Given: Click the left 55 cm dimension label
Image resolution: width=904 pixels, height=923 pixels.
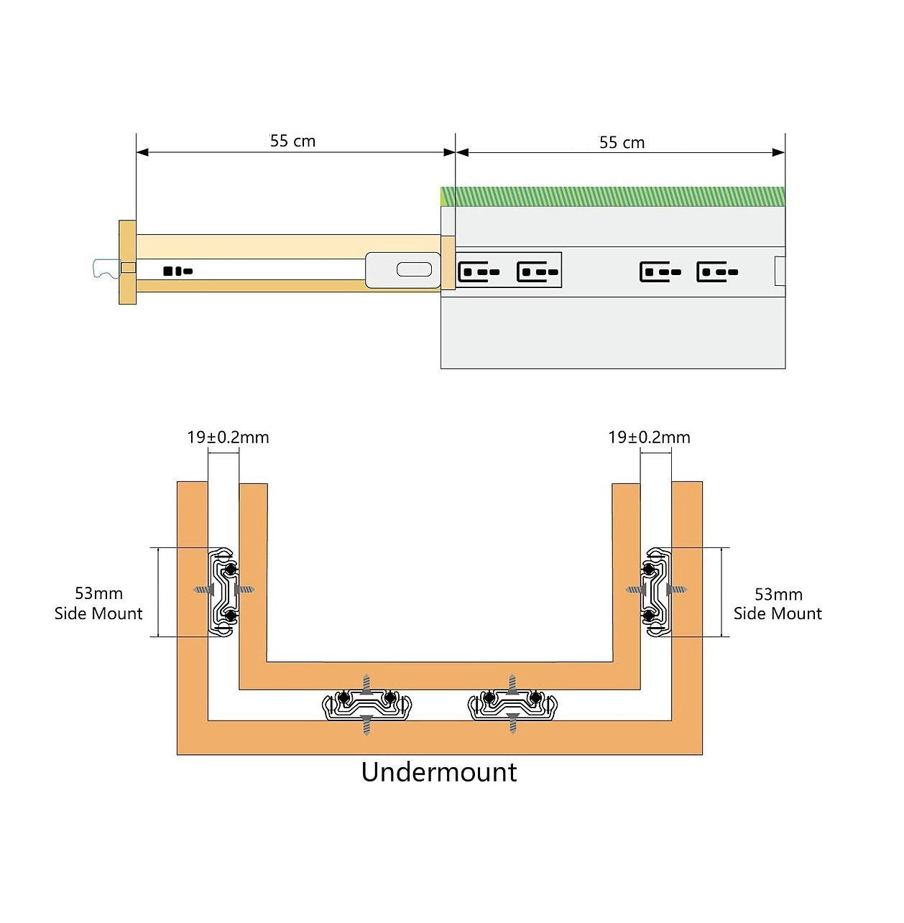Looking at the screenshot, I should click(292, 141).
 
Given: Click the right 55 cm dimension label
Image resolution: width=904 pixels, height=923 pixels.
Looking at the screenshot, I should click(622, 142).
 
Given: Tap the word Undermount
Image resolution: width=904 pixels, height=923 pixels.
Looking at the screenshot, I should click(439, 772).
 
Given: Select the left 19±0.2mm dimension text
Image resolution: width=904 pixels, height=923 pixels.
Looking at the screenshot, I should click(228, 437).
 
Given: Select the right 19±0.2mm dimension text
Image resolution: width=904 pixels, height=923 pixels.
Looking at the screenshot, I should click(649, 437).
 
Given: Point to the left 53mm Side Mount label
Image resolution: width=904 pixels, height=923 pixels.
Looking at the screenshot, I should click(98, 603).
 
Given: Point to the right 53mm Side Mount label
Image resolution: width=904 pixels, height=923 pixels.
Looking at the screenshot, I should click(778, 604).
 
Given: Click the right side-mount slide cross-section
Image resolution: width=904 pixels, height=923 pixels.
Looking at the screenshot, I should click(656, 593).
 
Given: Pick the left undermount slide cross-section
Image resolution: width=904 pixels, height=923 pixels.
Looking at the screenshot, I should click(366, 705).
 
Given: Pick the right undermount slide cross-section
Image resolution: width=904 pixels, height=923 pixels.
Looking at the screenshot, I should click(512, 705).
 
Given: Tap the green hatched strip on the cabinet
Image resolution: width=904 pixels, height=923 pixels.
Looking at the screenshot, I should click(612, 196).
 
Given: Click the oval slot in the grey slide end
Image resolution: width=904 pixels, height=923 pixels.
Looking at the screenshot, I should click(415, 270).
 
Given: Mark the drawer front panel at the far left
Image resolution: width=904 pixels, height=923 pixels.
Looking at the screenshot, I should click(127, 262).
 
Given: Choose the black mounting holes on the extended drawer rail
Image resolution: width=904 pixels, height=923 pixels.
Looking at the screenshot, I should click(177, 272).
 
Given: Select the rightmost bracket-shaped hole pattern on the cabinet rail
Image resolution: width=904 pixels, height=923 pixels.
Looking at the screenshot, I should click(717, 272).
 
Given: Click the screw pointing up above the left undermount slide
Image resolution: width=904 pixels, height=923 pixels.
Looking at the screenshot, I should click(366, 683).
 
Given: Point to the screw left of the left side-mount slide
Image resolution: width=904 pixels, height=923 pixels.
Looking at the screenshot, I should click(203, 590).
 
